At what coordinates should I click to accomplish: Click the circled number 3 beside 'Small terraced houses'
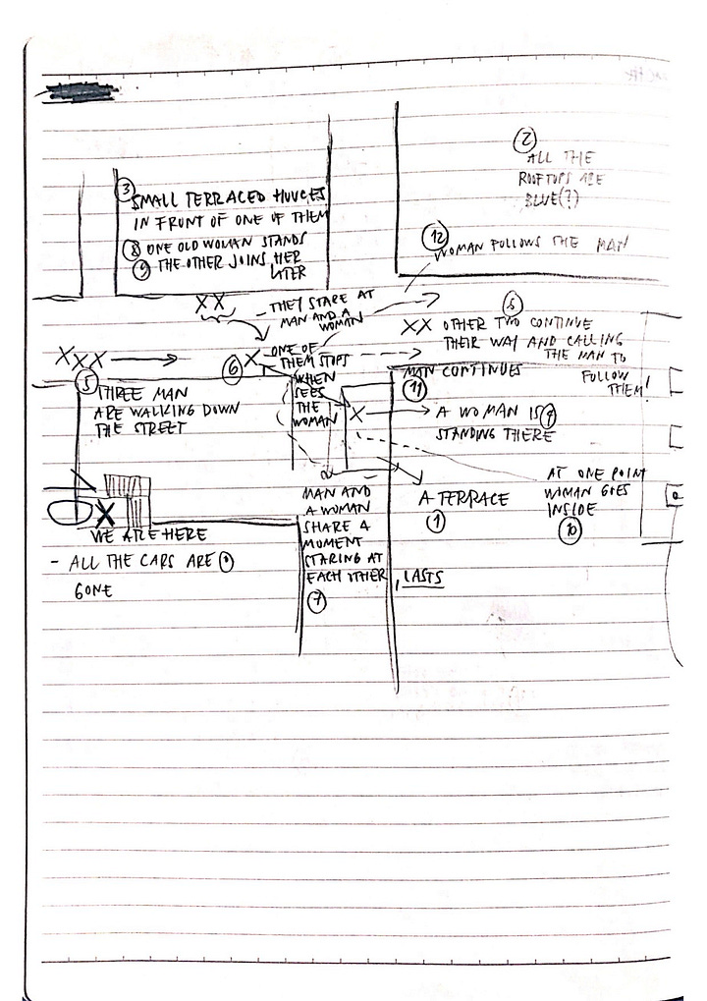click(x=125, y=188)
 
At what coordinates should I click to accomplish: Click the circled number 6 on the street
click(x=233, y=369)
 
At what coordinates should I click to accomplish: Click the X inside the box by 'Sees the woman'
click(x=356, y=417)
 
